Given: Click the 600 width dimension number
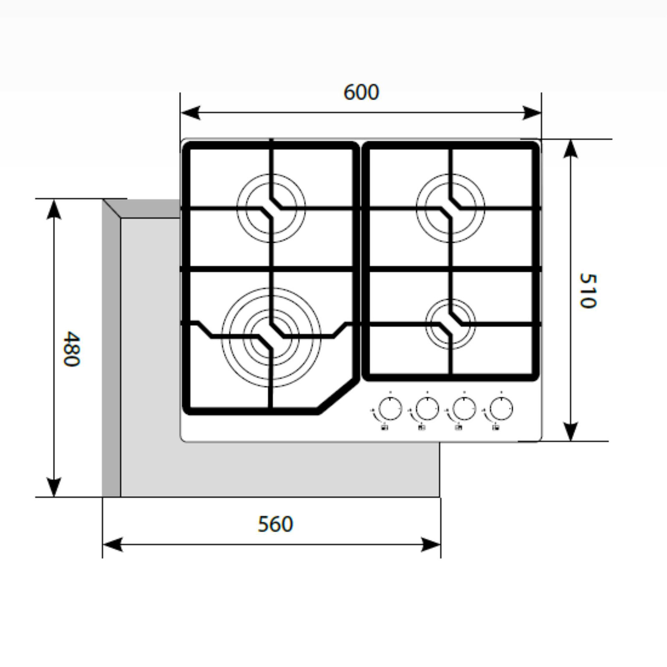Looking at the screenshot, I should [361, 93].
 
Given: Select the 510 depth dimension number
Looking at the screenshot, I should [588, 291].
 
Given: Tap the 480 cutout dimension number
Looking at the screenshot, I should [70, 349].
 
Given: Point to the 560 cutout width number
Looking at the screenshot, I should [275, 524].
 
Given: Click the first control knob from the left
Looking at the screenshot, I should [390, 408].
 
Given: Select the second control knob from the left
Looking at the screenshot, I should [428, 408].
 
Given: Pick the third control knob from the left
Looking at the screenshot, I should [464, 408].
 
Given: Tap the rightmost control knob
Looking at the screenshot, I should [501, 408].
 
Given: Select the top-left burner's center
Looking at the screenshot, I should [271, 207].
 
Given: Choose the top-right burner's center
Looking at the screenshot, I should [451, 207].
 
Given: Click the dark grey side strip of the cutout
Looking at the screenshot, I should [111, 355].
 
